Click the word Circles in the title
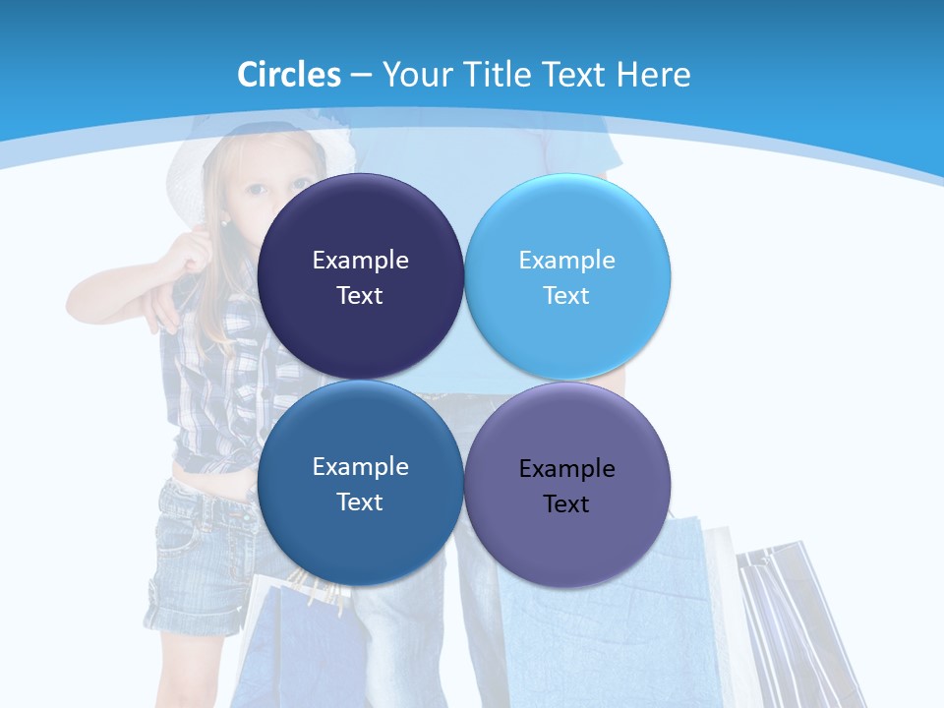[x=289, y=74]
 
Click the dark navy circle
[x=360, y=236]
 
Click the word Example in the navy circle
[x=360, y=261]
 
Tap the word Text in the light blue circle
[x=566, y=296]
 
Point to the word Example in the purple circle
[x=566, y=469]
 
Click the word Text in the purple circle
[x=566, y=504]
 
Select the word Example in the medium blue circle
[x=360, y=467]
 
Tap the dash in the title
[x=361, y=75]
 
